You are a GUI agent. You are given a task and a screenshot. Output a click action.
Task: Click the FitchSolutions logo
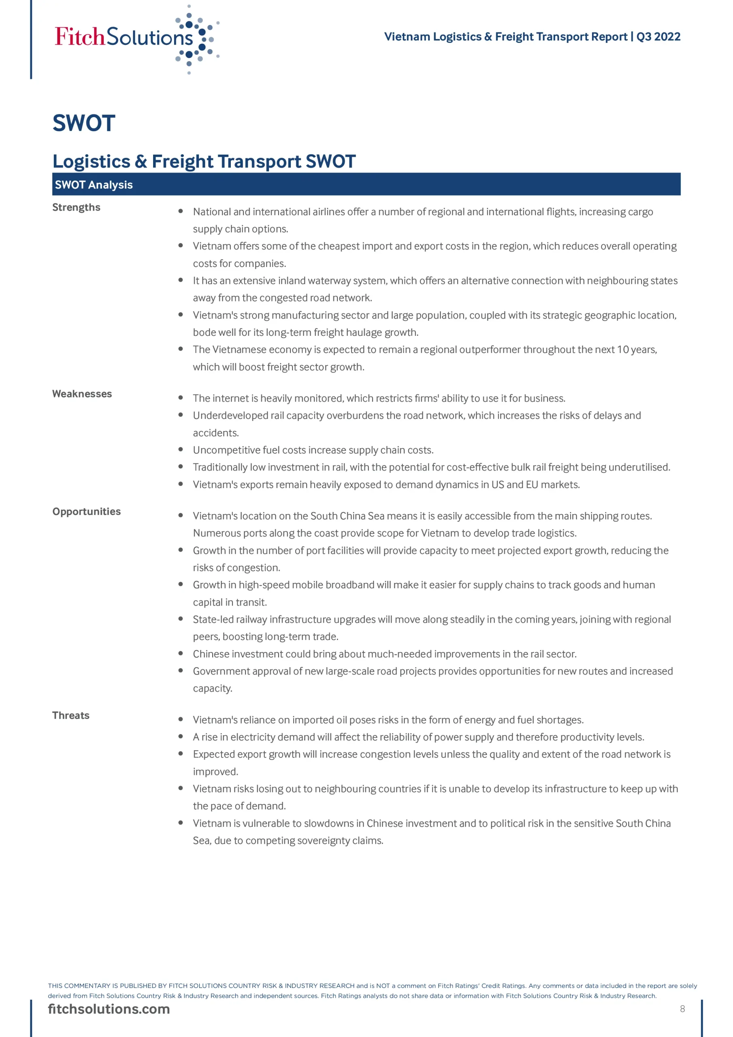coord(136,38)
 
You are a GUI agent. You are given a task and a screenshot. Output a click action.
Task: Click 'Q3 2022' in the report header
coord(658,36)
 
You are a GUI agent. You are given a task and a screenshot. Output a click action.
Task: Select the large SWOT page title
coord(84,123)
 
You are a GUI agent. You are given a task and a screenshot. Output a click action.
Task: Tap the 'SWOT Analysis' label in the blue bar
coord(94,185)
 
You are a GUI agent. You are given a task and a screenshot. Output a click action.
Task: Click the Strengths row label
coord(76,207)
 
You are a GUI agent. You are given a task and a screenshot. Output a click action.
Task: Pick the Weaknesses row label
coord(82,394)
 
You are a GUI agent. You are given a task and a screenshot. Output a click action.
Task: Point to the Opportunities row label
coord(86,511)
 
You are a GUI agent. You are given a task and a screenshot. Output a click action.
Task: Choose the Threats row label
coord(71,715)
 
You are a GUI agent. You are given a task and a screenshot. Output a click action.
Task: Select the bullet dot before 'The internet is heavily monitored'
coord(181,398)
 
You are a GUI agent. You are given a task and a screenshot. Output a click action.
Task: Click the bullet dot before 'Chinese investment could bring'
coord(181,653)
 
